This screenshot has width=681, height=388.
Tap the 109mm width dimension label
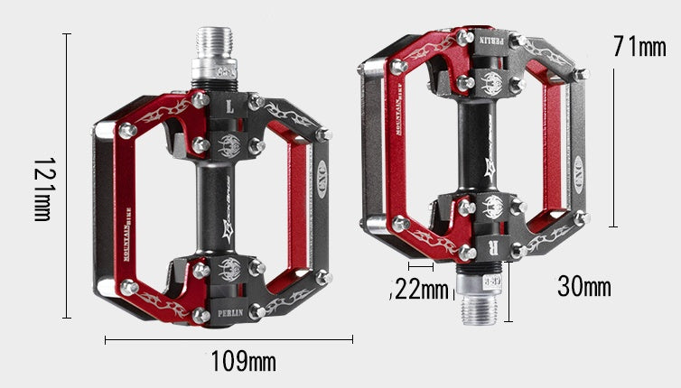point(243,363)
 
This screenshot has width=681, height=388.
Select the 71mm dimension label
point(639,46)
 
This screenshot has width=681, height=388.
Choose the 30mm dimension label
point(583,287)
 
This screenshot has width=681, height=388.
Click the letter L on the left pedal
point(229,106)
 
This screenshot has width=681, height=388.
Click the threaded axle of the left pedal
point(215,57)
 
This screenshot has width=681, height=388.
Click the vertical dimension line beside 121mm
point(67,176)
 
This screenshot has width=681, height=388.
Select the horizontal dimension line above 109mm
point(229,339)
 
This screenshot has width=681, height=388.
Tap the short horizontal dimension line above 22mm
point(421,266)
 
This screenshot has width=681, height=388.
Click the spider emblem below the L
point(229,142)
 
